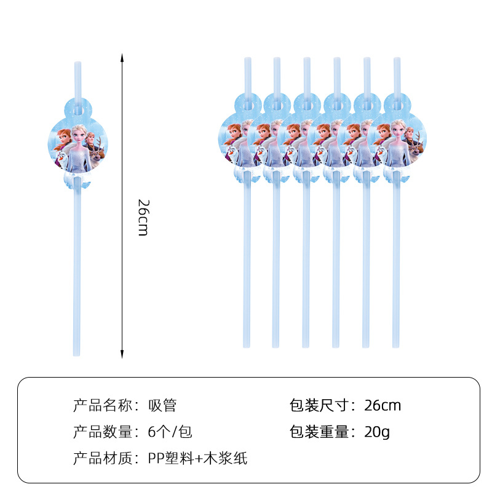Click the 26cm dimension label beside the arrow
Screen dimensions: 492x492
[142, 218]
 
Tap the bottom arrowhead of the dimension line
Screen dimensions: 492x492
[122, 355]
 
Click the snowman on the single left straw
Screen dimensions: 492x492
[63, 161]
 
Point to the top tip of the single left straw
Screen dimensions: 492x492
[77, 63]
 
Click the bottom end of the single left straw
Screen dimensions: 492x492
[77, 353]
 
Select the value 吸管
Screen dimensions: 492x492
[162, 406]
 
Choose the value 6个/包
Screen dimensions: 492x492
[170, 432]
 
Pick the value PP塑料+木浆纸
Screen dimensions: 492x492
[198, 458]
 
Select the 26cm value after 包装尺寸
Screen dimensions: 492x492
[383, 406]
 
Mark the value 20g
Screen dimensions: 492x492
[377, 432]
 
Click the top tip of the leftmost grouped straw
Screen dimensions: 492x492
[247, 60]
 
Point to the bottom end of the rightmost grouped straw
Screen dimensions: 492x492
[396, 346]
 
